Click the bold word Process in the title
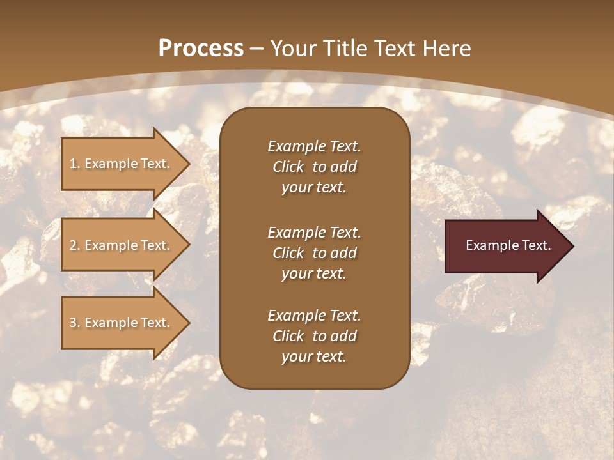[x=201, y=49]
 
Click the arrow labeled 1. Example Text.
[x=122, y=164]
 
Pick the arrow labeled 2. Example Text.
[x=122, y=245]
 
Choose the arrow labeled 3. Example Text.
[x=122, y=323]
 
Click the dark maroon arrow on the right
[x=505, y=245]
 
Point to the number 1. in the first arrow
[x=75, y=164]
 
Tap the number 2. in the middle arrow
[x=75, y=245]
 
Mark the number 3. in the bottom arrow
[x=75, y=323]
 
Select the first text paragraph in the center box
[x=314, y=167]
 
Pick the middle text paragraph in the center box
[x=314, y=253]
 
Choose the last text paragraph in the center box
[x=314, y=336]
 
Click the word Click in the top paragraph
[x=288, y=167]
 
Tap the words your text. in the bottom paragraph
[x=314, y=356]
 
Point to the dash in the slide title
[x=256, y=49]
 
